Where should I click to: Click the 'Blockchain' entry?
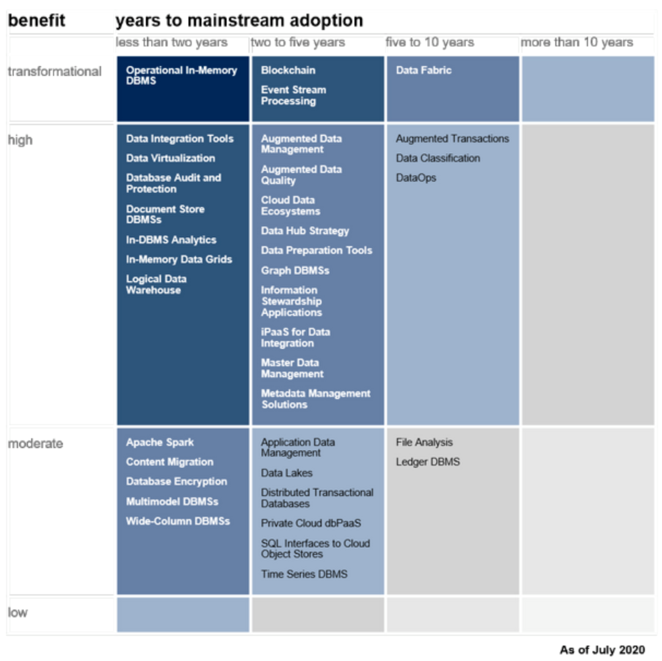(x=288, y=70)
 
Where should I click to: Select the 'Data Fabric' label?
(x=424, y=70)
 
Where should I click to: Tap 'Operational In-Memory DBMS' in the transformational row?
(x=181, y=75)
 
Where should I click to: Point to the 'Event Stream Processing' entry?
(x=294, y=95)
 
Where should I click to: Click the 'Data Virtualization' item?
(x=170, y=158)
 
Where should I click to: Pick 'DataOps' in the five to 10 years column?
(x=416, y=178)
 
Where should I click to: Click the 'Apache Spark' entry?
(x=160, y=442)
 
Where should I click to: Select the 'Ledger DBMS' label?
(x=428, y=462)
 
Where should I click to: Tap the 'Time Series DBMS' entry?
(x=304, y=574)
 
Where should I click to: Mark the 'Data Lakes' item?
(x=287, y=473)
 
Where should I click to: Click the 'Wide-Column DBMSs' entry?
(x=178, y=521)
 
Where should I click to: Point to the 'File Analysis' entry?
(x=424, y=442)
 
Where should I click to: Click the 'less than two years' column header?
(x=172, y=42)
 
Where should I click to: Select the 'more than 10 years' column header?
(x=577, y=42)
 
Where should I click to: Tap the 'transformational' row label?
(x=55, y=72)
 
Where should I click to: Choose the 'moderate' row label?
(x=35, y=444)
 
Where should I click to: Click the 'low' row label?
(x=18, y=612)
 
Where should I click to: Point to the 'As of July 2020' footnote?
(x=602, y=649)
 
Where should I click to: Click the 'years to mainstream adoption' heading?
(x=239, y=20)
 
